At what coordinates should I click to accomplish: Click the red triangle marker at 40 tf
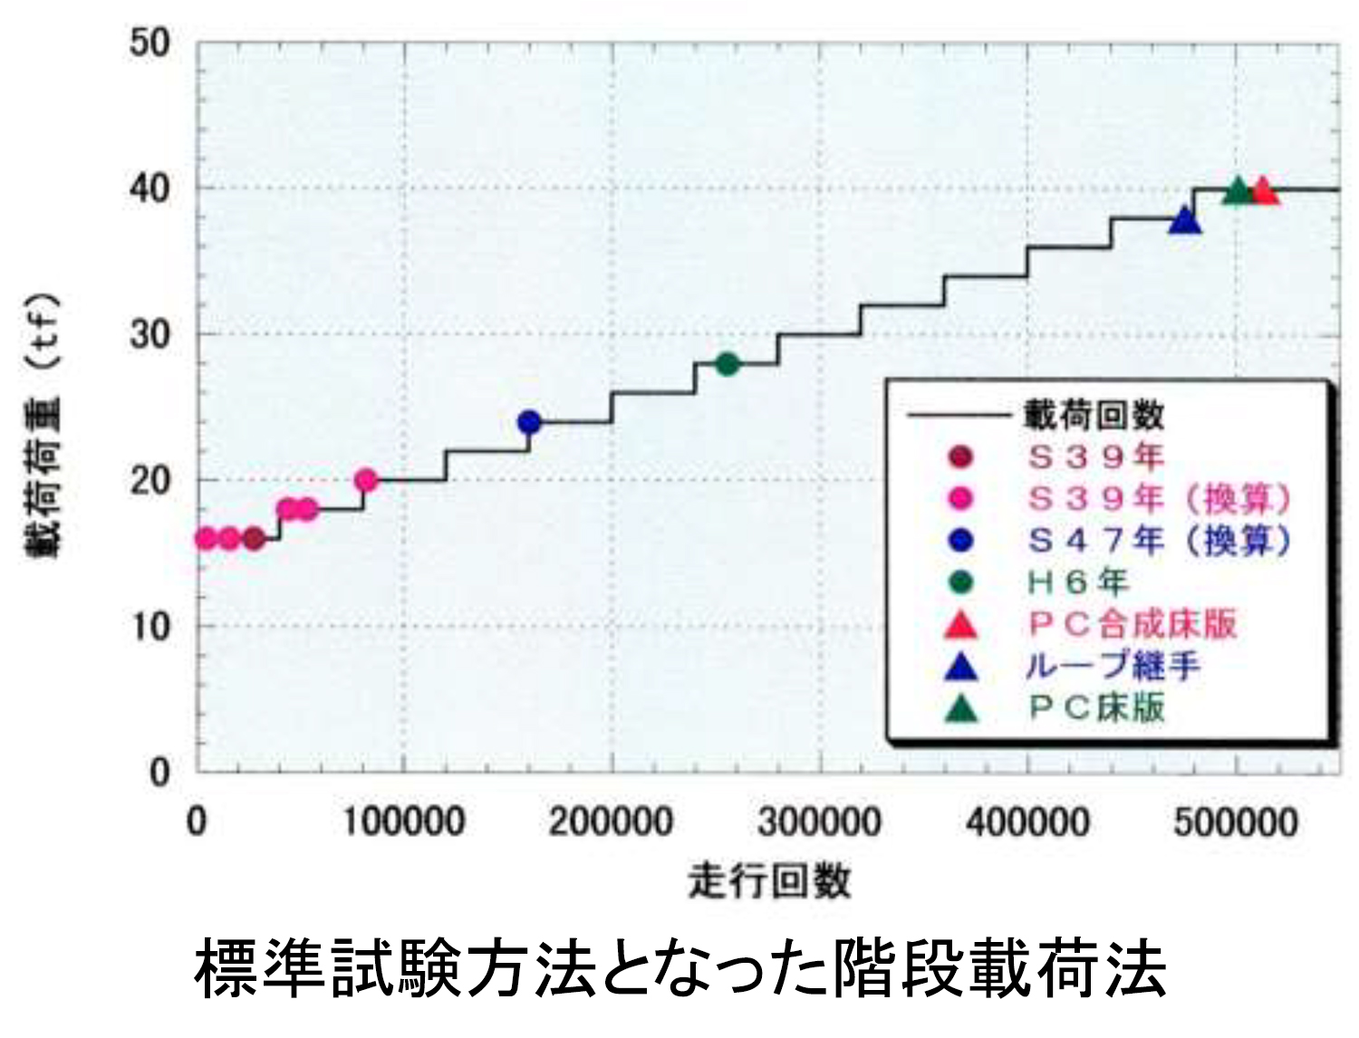point(1263,192)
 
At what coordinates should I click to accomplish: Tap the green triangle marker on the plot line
point(1237,192)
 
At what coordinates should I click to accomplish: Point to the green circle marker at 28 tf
point(727,364)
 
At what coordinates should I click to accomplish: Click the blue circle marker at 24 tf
point(529,422)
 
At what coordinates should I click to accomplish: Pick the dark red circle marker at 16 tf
point(254,539)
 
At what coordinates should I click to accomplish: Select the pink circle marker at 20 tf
point(366,480)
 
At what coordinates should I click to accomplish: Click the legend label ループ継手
point(1113,667)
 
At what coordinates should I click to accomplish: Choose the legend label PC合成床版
point(1132,624)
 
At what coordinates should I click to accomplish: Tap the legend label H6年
point(1077,582)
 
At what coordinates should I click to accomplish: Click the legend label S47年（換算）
point(1159,541)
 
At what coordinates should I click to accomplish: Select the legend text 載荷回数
point(1094,416)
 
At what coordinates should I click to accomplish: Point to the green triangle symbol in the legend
point(960,708)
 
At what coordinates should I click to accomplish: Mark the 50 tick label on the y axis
point(149,43)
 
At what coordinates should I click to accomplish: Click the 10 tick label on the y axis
point(149,626)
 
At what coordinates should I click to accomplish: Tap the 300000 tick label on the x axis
point(819,822)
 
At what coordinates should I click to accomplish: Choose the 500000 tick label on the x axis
point(1236,822)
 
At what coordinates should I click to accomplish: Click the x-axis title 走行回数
point(769,879)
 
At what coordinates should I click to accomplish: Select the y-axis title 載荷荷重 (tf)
point(43,424)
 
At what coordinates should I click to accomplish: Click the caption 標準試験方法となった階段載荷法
point(679,968)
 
